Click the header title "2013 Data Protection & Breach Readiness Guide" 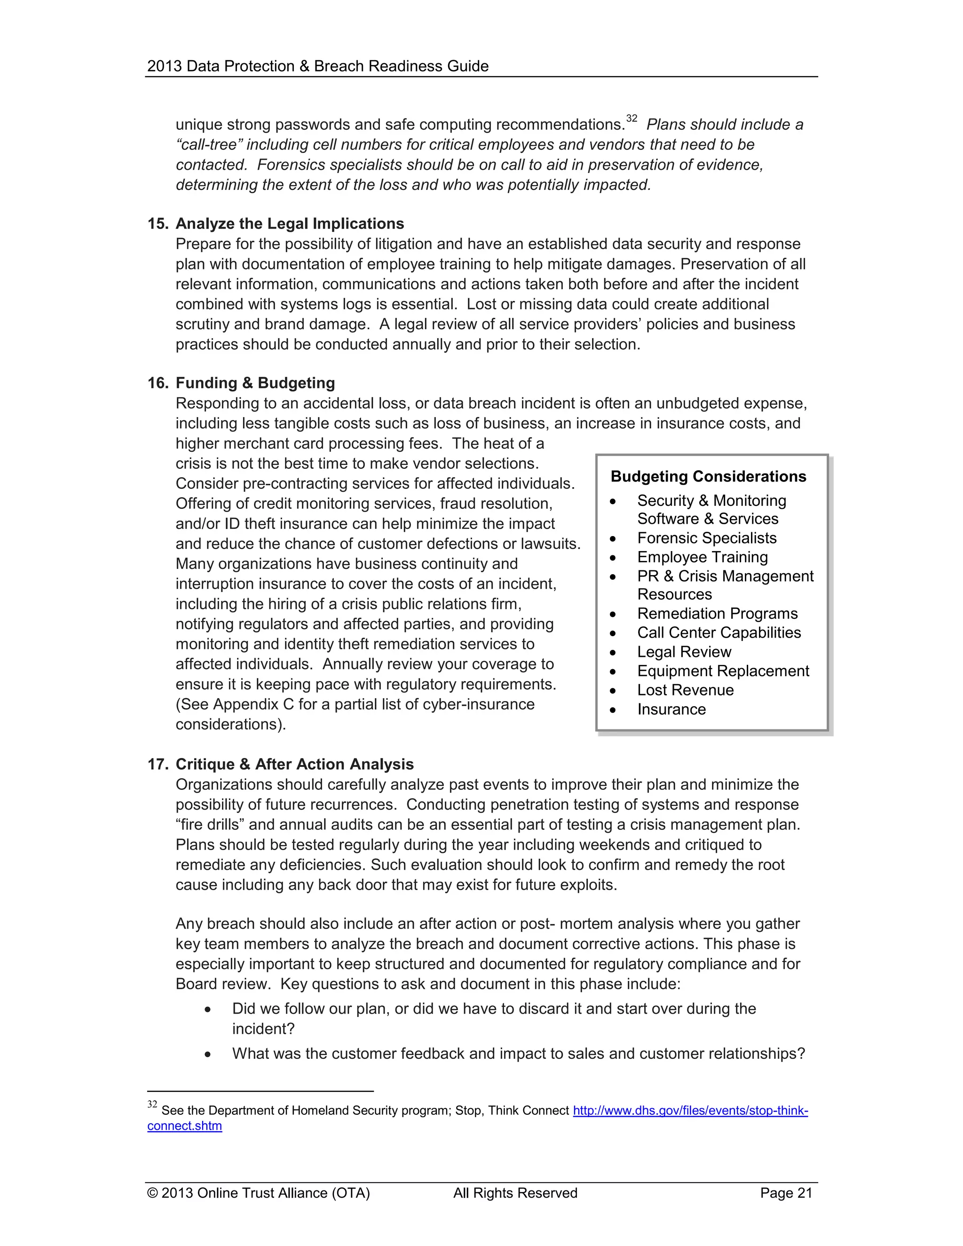pos(318,66)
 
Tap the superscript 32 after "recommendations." pos(631,118)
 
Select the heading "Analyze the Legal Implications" pos(289,224)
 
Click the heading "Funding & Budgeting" pos(255,383)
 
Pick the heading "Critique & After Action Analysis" pos(294,764)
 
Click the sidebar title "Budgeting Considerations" pos(708,476)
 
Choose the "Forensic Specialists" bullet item pos(706,538)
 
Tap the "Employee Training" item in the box pos(703,557)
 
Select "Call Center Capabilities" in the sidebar pos(719,633)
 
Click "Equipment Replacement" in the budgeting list pos(723,671)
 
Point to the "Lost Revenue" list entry pos(685,690)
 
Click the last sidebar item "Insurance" pos(671,709)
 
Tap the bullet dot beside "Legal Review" pos(613,653)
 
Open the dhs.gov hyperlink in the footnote pos(690,1110)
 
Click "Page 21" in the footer pos(786,1193)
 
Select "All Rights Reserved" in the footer pos(515,1193)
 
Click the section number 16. pos(157,383)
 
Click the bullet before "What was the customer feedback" pos(208,1054)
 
